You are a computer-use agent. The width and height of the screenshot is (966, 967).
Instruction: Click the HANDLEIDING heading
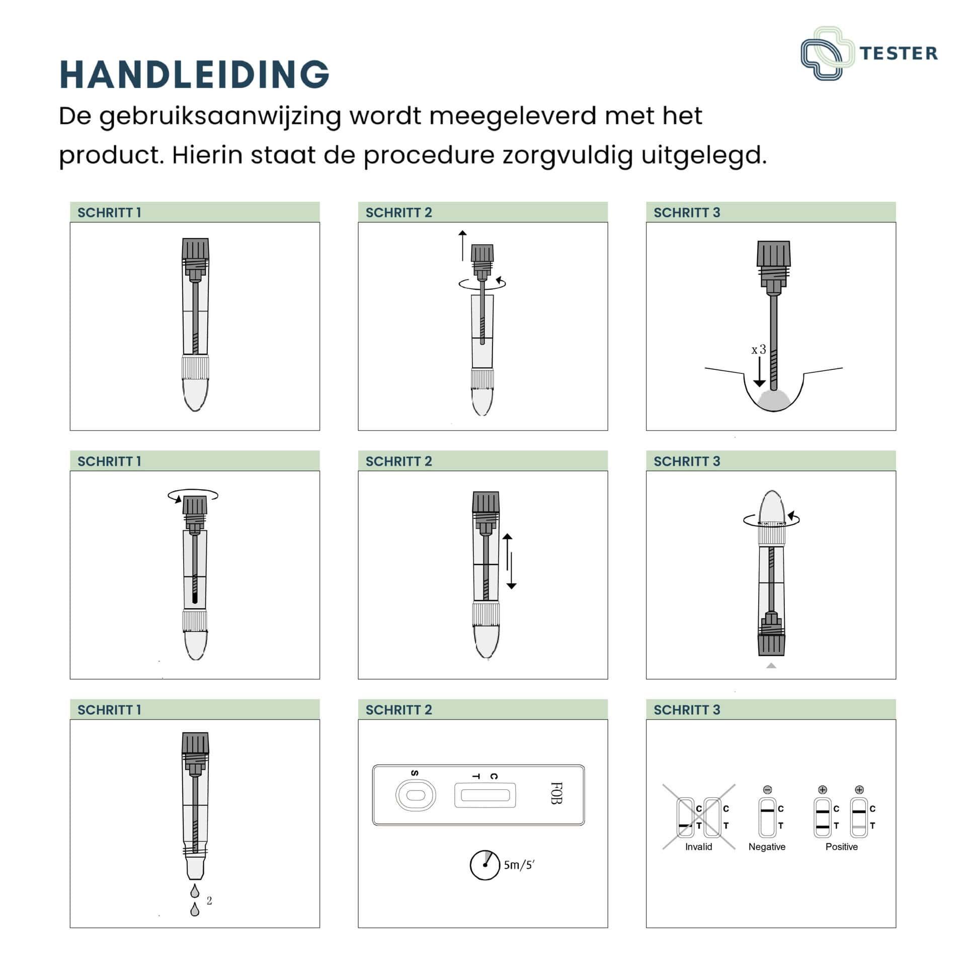pyautogui.click(x=194, y=74)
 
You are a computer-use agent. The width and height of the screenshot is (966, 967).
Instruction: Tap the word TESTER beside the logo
pyautogui.click(x=899, y=53)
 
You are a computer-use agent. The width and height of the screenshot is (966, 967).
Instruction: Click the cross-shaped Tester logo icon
pyautogui.click(x=827, y=53)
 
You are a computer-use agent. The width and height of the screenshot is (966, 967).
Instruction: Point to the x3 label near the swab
pyautogui.click(x=759, y=349)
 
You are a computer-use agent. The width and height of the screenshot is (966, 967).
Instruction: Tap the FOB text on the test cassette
pyautogui.click(x=556, y=793)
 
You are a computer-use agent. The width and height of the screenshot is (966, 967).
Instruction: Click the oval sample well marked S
pyautogui.click(x=416, y=795)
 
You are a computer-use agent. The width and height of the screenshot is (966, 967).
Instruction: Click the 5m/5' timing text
pyautogui.click(x=519, y=865)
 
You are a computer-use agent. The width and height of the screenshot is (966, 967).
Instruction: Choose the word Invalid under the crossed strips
pyautogui.click(x=698, y=847)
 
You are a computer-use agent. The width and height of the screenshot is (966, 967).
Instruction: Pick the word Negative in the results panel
pyautogui.click(x=767, y=847)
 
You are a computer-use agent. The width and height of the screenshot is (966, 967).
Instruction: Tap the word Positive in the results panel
pyautogui.click(x=841, y=847)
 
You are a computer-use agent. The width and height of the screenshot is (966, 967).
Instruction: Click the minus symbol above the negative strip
pyautogui.click(x=767, y=790)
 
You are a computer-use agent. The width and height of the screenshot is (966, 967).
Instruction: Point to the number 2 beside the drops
pyautogui.click(x=209, y=901)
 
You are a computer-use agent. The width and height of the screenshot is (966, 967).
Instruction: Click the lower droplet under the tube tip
pyautogui.click(x=195, y=910)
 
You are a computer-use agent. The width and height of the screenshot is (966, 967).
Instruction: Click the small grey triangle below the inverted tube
pyautogui.click(x=771, y=666)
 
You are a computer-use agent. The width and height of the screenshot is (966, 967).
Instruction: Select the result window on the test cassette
pyautogui.click(x=485, y=795)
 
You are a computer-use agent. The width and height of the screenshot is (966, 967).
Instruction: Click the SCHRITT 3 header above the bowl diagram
pyautogui.click(x=687, y=212)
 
